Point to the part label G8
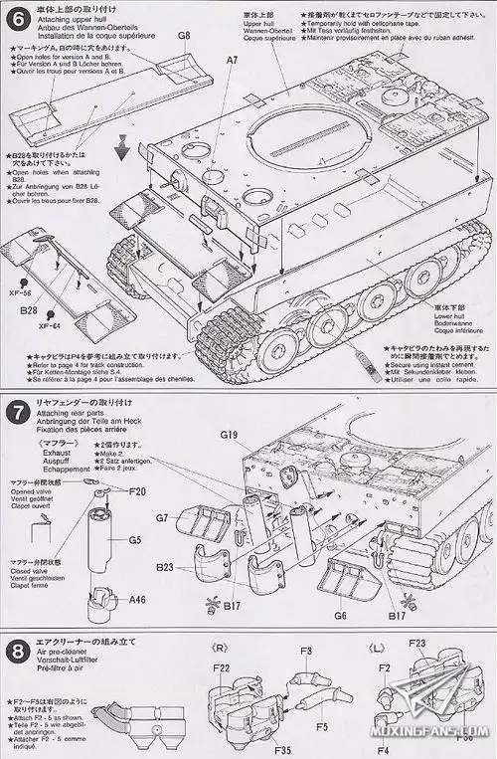(x=184, y=36)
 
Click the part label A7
(x=233, y=61)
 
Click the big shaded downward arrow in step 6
(x=123, y=151)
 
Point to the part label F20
(x=137, y=491)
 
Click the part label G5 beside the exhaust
(x=134, y=540)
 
